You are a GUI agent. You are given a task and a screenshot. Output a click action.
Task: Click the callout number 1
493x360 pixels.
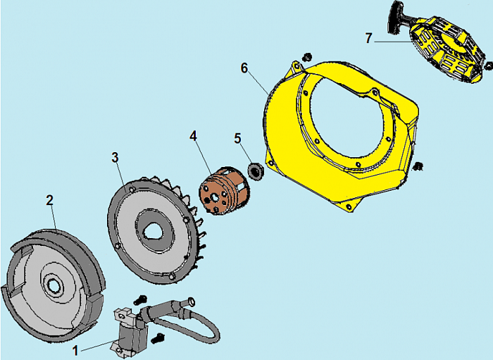click(x=75, y=350)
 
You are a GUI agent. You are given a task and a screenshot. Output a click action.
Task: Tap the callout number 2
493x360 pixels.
click(x=50, y=200)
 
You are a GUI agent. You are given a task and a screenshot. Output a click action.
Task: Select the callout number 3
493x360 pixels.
click(x=115, y=158)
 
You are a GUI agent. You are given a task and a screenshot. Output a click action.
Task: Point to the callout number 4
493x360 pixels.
click(x=193, y=136)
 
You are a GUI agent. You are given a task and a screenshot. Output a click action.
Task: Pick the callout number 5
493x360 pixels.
click(x=237, y=138)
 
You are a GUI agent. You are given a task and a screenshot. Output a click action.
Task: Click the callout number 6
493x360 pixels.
click(x=244, y=68)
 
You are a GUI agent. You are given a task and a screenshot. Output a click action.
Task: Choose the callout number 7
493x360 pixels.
click(x=368, y=38)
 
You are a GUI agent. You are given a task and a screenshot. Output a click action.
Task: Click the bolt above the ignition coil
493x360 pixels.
click(x=140, y=299)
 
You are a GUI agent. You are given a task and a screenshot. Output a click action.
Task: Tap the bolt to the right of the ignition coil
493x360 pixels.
click(x=158, y=339)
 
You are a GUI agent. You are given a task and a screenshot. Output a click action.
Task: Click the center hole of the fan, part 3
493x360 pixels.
click(x=153, y=232)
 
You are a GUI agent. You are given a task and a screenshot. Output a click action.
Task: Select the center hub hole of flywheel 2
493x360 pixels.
click(x=51, y=285)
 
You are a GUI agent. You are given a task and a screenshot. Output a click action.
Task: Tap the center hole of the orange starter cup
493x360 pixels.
click(x=214, y=198)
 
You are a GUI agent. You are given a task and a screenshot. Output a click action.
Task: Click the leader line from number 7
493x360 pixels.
click(x=393, y=41)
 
